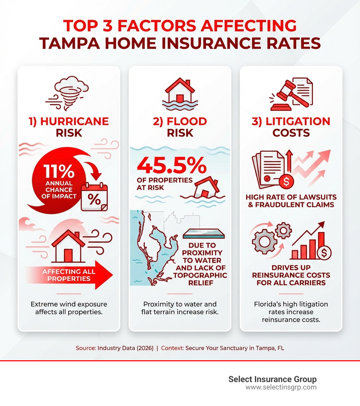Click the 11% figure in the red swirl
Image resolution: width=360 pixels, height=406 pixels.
coord(59,171)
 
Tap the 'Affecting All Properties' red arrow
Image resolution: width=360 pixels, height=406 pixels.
coord(69,275)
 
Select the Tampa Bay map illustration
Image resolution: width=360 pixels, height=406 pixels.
coord(158,248)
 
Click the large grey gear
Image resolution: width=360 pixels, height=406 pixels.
coord(264,242)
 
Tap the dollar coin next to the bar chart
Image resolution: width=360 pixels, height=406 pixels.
coord(324,252)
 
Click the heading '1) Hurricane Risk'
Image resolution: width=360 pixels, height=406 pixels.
coord(69,127)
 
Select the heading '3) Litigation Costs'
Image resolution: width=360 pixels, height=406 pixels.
coord(291,127)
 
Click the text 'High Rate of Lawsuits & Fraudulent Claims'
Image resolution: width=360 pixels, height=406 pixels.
coord(291,201)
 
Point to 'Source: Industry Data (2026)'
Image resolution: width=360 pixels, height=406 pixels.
coord(115,348)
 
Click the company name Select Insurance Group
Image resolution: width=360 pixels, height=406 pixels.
coord(272,379)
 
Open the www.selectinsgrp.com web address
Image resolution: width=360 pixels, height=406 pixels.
coord(281,387)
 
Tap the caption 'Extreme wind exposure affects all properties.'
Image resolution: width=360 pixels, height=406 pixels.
coord(69,307)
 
